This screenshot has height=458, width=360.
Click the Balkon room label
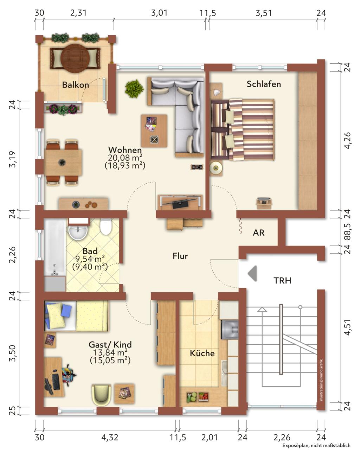coord(76,85)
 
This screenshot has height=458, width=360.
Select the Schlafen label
coord(264,84)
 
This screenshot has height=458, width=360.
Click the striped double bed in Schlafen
coord(243,129)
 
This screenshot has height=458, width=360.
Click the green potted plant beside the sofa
coord(134,89)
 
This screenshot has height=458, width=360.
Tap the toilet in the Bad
coord(106,227)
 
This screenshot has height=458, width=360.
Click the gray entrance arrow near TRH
coord(252,273)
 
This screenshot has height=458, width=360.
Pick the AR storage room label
coord(258,233)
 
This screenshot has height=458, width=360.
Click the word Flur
coord(180,256)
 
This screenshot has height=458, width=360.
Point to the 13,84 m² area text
coord(110,352)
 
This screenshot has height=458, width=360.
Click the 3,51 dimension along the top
coord(264,13)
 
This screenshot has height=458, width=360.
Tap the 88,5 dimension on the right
coord(347,232)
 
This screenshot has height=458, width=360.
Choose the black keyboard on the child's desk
coord(56,382)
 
